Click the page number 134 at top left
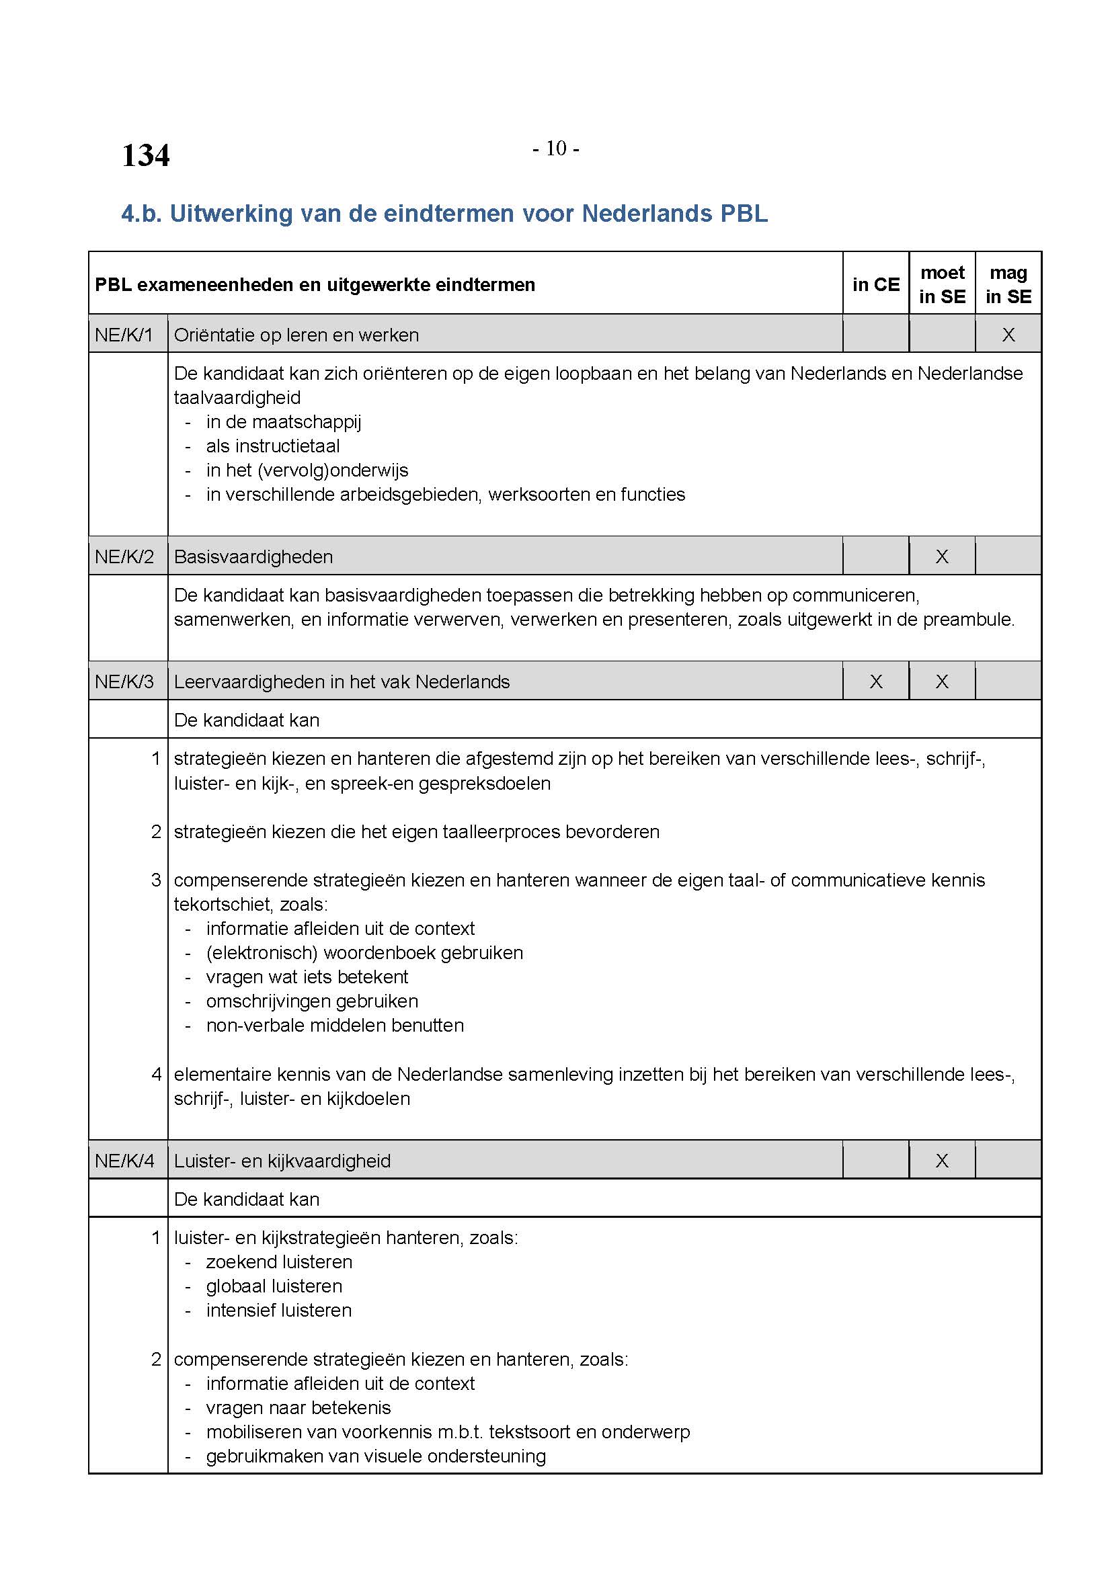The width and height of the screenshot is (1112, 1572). [x=145, y=155]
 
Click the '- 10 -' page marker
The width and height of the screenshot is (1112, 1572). [x=555, y=149]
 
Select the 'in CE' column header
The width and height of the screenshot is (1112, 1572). [x=876, y=285]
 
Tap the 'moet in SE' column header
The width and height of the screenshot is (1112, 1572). [x=942, y=285]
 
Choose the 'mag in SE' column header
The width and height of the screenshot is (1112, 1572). [x=1008, y=285]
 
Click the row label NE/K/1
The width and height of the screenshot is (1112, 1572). [x=124, y=335]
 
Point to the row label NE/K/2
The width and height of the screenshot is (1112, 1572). [x=124, y=556]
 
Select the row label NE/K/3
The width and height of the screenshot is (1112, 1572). [x=124, y=682]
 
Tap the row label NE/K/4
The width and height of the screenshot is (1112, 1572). [x=124, y=1161]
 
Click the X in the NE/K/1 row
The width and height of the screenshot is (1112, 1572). [x=1008, y=335]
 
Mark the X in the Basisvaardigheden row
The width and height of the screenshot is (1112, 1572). [x=942, y=556]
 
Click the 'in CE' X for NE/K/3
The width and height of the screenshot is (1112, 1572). [x=876, y=682]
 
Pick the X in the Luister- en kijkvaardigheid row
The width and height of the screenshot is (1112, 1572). [x=942, y=1161]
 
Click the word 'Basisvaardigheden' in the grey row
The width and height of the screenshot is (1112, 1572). [x=253, y=556]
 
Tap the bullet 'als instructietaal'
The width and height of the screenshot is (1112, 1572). [x=272, y=446]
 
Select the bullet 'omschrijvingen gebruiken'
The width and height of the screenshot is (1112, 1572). [x=311, y=1001]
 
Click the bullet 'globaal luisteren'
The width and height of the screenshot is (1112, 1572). [x=274, y=1286]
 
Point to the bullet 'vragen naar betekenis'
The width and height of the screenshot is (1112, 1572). [x=298, y=1408]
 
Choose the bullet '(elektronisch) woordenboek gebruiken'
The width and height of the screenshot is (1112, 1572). [x=364, y=953]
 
